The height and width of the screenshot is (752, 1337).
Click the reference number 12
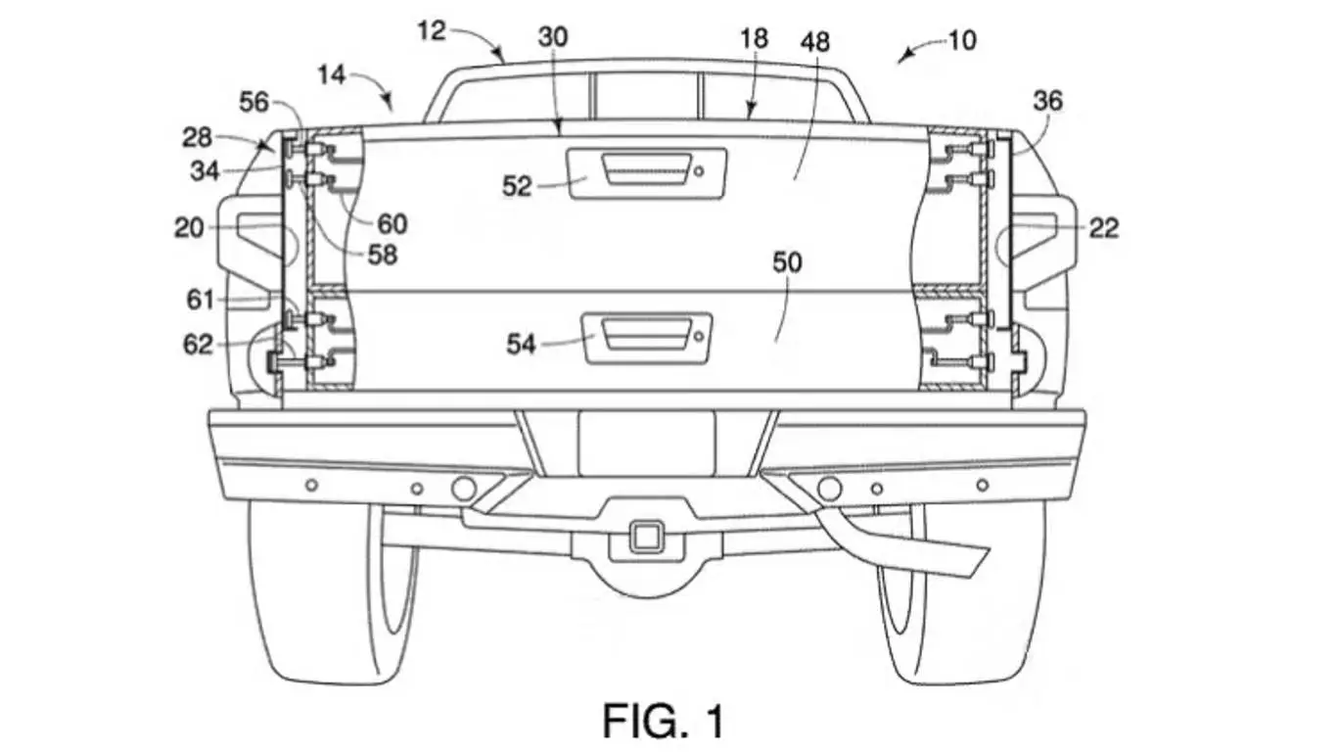point(432,31)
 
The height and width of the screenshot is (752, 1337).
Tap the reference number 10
point(963,42)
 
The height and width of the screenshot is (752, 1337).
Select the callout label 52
point(518,184)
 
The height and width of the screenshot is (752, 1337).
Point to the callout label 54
point(522,344)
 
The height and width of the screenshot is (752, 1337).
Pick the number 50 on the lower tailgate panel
point(787,261)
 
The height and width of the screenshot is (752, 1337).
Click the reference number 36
point(1047,101)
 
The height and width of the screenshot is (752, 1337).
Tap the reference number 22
point(1103,228)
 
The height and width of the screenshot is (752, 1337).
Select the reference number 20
point(190,228)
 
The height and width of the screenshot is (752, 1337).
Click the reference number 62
point(198,344)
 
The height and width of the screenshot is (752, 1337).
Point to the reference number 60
point(392,224)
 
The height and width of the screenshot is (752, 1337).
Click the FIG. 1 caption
point(664,721)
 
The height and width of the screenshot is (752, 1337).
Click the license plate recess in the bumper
point(647,443)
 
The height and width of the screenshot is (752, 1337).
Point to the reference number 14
point(331,74)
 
